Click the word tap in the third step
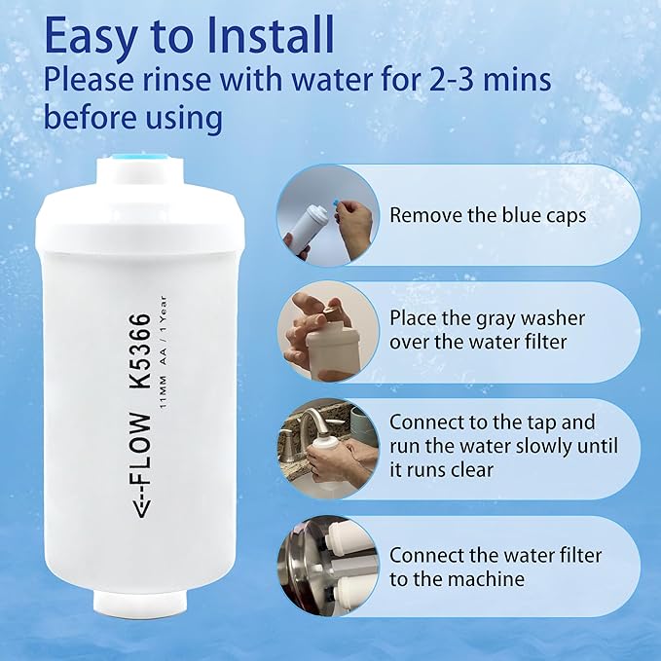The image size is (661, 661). pos(566,422)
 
